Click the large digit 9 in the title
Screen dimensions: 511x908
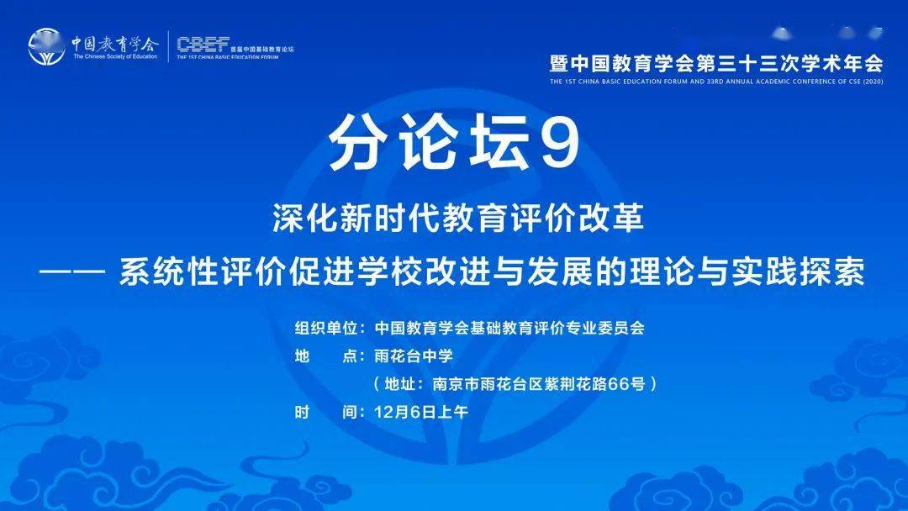coord(559,142)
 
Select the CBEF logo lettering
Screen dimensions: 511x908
coord(203,44)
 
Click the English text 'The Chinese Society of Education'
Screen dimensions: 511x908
coord(114,57)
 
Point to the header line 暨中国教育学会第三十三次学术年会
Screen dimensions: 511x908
coord(716,63)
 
